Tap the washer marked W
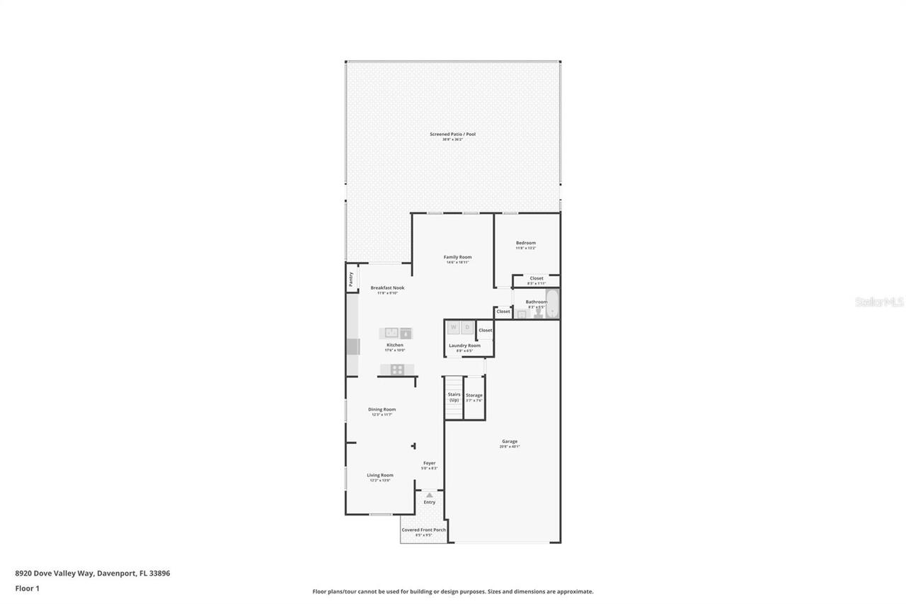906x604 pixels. coord(454,327)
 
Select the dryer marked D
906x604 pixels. coord(467,327)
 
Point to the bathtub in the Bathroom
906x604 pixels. coord(552,304)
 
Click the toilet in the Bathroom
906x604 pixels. coord(539,312)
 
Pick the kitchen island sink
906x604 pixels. coord(391,333)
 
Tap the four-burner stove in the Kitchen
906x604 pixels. coord(397,369)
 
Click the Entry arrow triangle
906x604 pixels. coord(429,495)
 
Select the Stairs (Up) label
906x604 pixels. coord(454,397)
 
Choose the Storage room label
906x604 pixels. coord(474,395)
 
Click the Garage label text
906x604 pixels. coord(510,441)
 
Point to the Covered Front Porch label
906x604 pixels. coord(424,530)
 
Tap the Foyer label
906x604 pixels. coord(430,463)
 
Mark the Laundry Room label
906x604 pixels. coord(464,346)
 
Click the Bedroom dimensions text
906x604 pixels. coord(526,249)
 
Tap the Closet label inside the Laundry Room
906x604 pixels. coord(486,330)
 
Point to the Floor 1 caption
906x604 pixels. coord(27,588)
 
